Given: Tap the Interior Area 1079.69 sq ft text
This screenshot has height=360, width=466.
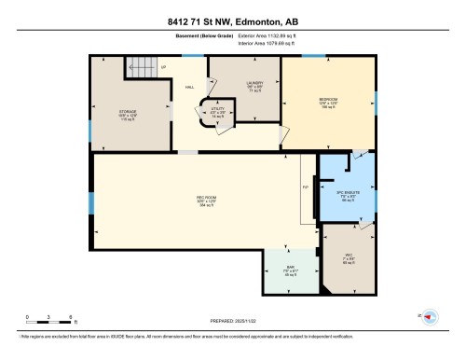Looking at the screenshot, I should [258, 44].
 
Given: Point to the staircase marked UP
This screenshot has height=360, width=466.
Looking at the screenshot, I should [141, 66].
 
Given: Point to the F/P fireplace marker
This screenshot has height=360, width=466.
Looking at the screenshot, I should [305, 187].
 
